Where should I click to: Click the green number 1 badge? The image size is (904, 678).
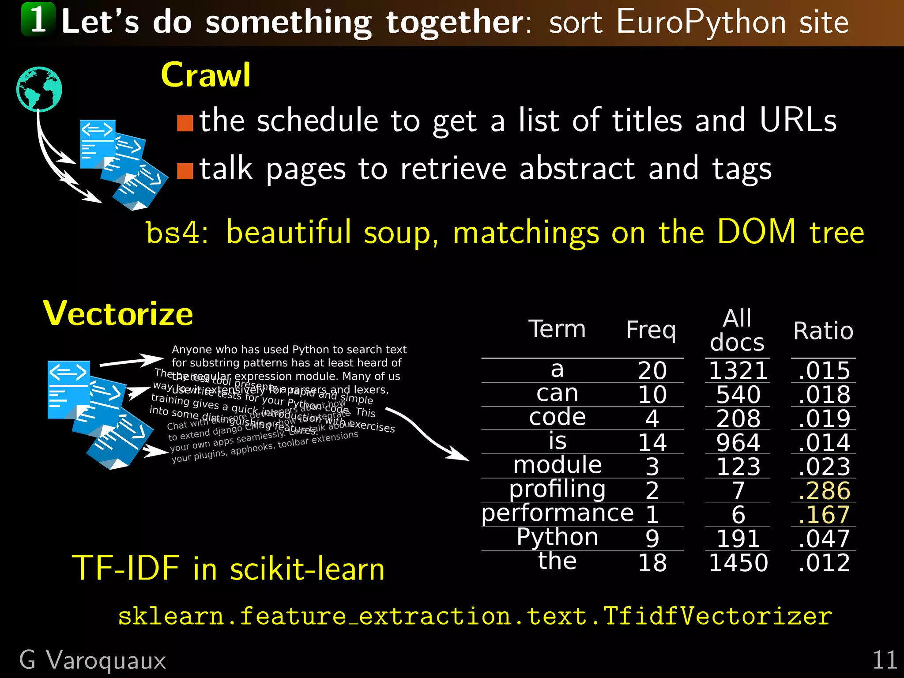38,19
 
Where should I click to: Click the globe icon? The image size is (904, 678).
39,89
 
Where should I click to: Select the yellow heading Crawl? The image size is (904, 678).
206,75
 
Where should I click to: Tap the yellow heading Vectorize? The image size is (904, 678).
118,314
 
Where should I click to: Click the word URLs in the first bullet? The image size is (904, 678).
798,120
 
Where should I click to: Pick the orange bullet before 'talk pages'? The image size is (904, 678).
185,170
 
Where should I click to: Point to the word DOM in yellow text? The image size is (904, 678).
757,231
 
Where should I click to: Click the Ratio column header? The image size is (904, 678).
823,331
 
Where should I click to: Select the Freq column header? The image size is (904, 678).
651,330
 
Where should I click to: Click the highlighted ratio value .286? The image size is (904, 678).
824,490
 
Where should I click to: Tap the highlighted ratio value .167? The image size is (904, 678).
824,515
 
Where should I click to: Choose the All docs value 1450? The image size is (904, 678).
738,563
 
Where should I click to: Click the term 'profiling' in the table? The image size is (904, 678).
557,489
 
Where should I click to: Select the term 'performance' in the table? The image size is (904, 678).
557,513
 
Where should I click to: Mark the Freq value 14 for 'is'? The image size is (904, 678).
652,443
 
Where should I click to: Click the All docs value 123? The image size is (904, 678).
738,467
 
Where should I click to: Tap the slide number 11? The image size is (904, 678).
885,660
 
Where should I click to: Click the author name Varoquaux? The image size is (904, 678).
106,660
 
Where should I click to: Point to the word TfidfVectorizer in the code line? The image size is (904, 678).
717,616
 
